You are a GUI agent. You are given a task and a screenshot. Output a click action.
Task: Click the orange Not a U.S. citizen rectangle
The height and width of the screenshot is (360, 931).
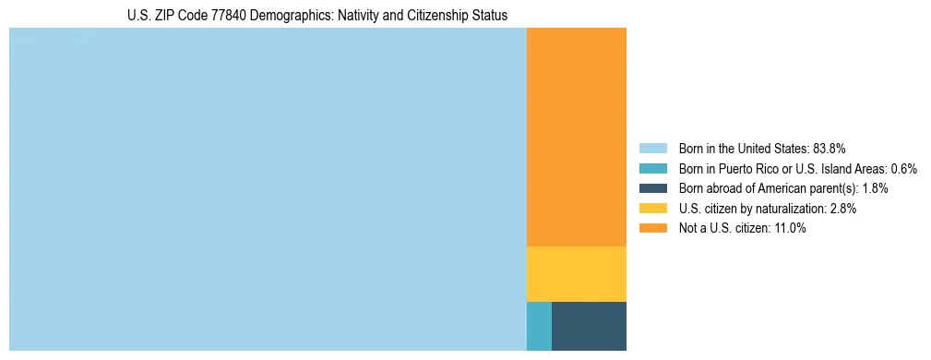(x=576, y=137)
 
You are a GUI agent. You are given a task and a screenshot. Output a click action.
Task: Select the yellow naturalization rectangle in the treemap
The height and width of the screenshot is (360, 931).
(x=576, y=274)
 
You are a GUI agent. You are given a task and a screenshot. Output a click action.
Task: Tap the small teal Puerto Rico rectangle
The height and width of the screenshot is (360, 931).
(x=539, y=326)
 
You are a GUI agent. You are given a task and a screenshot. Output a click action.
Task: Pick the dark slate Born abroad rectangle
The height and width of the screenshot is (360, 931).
(x=589, y=326)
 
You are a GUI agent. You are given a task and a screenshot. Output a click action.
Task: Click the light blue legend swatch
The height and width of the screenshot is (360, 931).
(x=652, y=149)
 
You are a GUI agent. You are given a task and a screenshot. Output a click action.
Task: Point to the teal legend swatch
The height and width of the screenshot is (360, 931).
(x=652, y=169)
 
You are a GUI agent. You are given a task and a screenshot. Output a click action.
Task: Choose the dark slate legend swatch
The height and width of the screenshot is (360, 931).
(x=652, y=188)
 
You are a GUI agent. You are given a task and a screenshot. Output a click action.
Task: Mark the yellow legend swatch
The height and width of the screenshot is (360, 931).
(x=652, y=209)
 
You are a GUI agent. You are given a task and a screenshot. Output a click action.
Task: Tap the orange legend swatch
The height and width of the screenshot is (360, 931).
(x=652, y=229)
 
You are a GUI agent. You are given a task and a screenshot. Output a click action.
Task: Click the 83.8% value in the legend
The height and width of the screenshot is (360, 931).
(x=830, y=149)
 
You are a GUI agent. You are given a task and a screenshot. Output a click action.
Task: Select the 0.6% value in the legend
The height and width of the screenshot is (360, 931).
(x=904, y=169)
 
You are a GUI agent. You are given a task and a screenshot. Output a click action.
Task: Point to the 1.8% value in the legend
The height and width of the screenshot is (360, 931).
(x=876, y=188)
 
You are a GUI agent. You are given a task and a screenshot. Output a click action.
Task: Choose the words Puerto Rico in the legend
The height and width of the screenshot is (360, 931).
(x=743, y=169)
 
